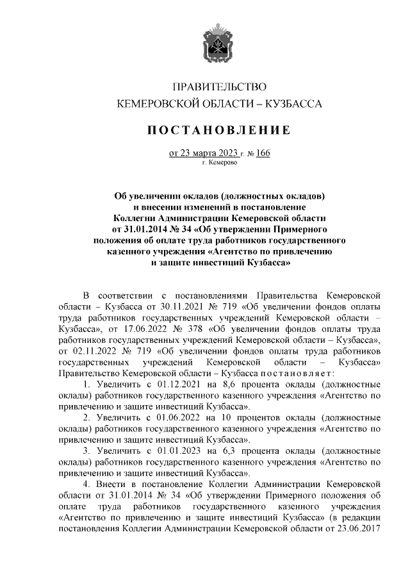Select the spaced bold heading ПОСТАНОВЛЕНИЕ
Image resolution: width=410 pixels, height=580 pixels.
(x=220, y=131)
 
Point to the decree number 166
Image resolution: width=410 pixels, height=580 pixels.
(x=262, y=154)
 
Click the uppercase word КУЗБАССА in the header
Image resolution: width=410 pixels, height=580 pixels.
(x=290, y=103)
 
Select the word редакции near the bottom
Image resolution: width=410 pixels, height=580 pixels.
(x=362, y=517)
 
